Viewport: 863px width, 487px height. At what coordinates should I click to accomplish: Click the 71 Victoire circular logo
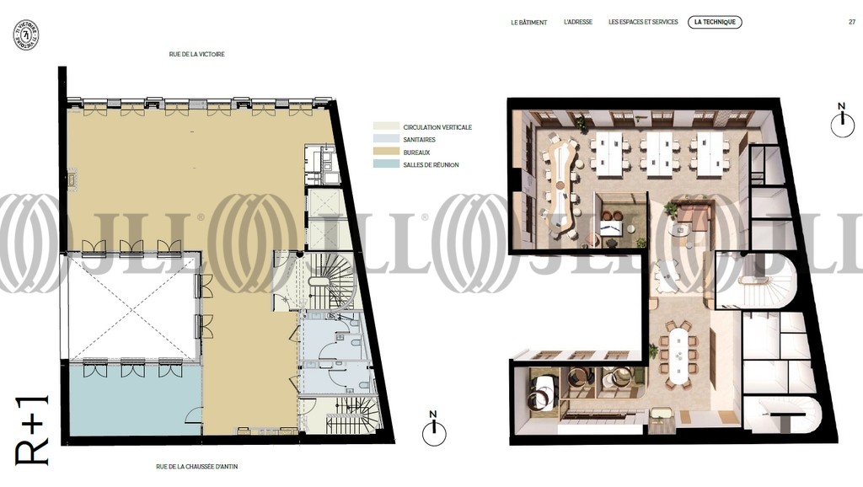coord(26,35)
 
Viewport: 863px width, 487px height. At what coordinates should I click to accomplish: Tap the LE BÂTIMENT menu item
coord(529,23)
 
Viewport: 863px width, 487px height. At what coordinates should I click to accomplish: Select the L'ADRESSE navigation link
coord(578,22)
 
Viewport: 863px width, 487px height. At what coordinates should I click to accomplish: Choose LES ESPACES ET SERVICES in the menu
coord(643,22)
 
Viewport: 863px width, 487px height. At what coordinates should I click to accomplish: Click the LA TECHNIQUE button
coord(715,22)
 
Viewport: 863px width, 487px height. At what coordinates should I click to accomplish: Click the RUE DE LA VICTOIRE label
coord(196,55)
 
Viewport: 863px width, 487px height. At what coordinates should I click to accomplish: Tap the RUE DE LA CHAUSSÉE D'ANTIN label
coord(197,467)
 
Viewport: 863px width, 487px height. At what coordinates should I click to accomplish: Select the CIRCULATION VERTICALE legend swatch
coord(385,126)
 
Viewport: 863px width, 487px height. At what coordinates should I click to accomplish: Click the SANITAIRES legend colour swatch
coord(385,139)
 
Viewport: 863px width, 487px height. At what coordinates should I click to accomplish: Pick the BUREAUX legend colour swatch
coord(385,152)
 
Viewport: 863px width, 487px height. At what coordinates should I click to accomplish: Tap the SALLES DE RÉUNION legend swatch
coord(385,164)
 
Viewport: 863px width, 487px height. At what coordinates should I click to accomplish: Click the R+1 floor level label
coord(32,431)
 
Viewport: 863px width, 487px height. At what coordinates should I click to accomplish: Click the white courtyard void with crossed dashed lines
coord(133,307)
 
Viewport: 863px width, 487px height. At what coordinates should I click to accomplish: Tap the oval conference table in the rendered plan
coord(678,356)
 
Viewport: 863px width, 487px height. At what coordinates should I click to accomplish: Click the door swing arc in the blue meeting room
coord(193,415)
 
